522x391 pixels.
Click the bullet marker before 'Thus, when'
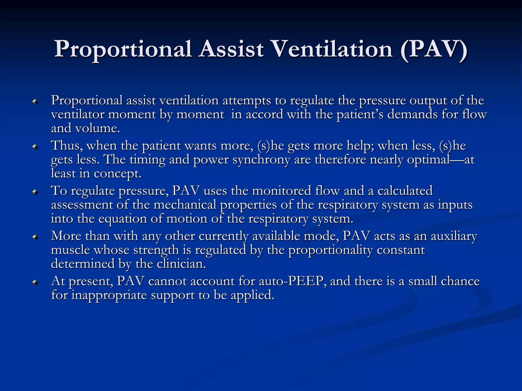coord(35,147)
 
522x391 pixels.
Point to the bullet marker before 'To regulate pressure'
coord(35,192)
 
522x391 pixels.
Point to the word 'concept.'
coord(118,174)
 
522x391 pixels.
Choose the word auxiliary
coord(454,236)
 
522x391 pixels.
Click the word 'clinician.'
coord(181,264)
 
